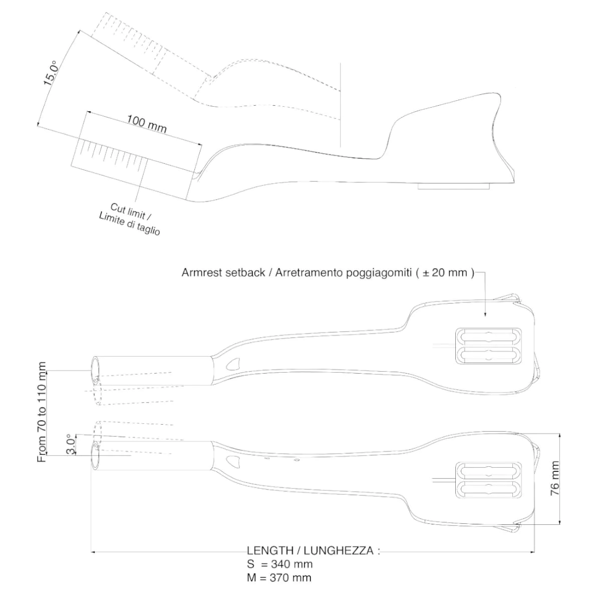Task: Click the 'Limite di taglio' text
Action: click(x=129, y=225)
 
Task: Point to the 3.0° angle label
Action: click(x=72, y=444)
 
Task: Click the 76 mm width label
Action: click(x=555, y=478)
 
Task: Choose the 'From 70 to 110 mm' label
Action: click(x=42, y=412)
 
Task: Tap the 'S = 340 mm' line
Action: click(x=279, y=564)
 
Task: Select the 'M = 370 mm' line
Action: click(x=279, y=577)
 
